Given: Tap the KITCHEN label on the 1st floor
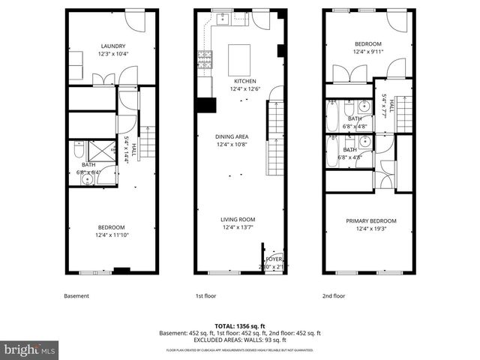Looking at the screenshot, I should pos(244,81).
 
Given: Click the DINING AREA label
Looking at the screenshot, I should pos(232,136).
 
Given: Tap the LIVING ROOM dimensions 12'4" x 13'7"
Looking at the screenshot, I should pos(238,227).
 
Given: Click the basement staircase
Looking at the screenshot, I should pos(148,142).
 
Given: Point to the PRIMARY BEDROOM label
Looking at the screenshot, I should pos(370,220).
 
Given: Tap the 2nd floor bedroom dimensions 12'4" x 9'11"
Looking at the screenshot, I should pos(367,52).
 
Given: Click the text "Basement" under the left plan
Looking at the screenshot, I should pos(76,296).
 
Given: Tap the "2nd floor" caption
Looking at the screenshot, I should pos(337,296).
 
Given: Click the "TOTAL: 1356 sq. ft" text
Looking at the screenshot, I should pos(240,325).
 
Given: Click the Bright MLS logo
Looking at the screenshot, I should pos(30,349).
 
